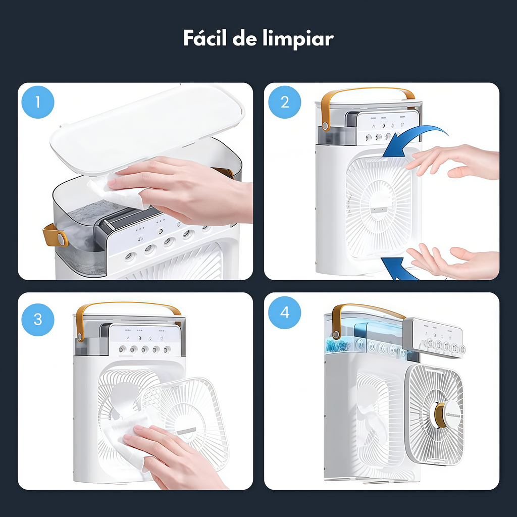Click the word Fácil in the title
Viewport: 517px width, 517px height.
point(204,39)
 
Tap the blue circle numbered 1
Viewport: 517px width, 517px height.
point(38,102)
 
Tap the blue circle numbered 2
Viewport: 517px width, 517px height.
point(284,102)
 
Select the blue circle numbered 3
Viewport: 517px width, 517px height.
point(38,319)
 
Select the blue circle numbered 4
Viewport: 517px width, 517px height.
point(284,313)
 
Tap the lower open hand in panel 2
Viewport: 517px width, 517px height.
point(454,263)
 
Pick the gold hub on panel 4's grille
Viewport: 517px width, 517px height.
point(440,415)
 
